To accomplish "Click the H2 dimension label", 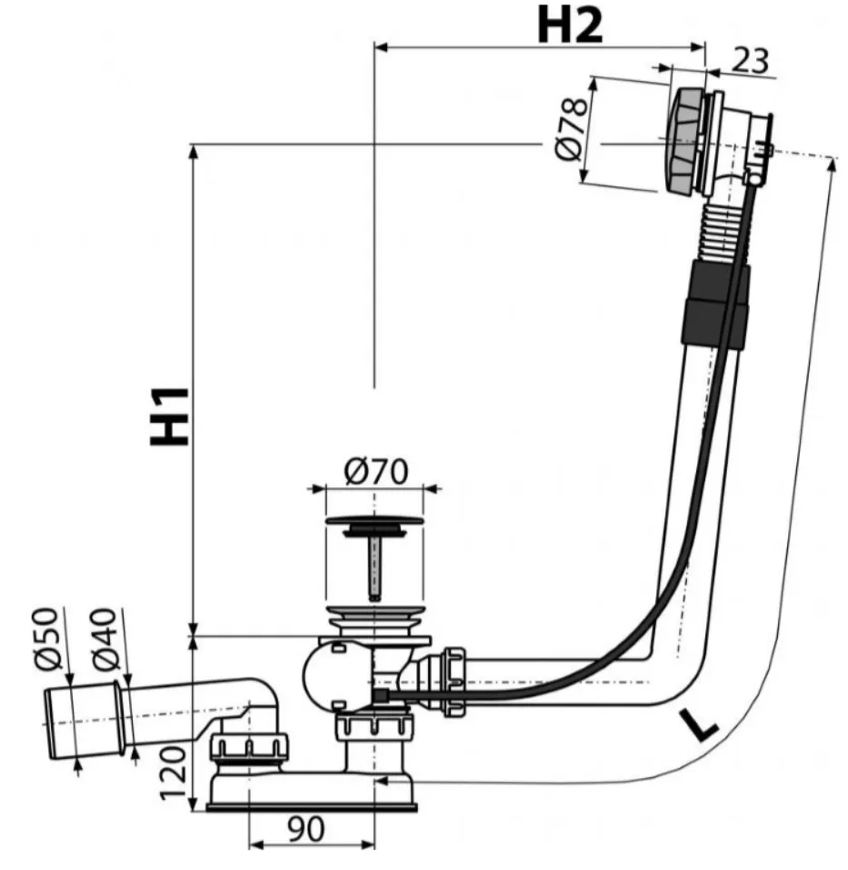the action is [x=570, y=26].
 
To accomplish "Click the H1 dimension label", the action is [x=170, y=417].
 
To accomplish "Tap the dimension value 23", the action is [x=752, y=61].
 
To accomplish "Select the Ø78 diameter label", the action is [x=571, y=129].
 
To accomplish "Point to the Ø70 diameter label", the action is [x=376, y=471].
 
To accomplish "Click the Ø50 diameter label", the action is [x=46, y=638].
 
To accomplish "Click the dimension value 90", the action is [x=306, y=829].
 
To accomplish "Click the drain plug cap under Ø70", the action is [x=374, y=521].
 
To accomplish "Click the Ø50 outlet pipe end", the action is [x=86, y=721].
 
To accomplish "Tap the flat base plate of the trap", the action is [x=311, y=806].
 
